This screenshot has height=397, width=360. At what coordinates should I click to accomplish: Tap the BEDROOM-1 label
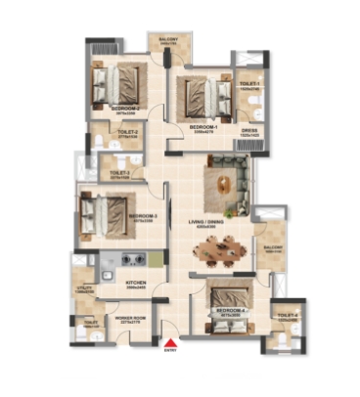click(x=203, y=127)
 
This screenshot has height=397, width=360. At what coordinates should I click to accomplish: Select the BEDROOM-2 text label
click(x=125, y=109)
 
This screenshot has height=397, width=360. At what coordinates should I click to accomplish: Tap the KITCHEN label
click(x=136, y=283)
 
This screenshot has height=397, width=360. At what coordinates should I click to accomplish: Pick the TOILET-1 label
click(x=248, y=85)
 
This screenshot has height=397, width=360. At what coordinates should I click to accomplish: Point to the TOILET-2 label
click(x=127, y=132)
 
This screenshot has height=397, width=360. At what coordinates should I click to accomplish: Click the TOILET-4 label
click(x=287, y=316)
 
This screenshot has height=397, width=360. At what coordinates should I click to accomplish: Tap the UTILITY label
click(x=84, y=289)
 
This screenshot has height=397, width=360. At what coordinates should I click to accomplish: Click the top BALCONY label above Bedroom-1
click(x=168, y=42)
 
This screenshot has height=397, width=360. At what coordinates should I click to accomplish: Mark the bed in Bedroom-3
click(x=105, y=209)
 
